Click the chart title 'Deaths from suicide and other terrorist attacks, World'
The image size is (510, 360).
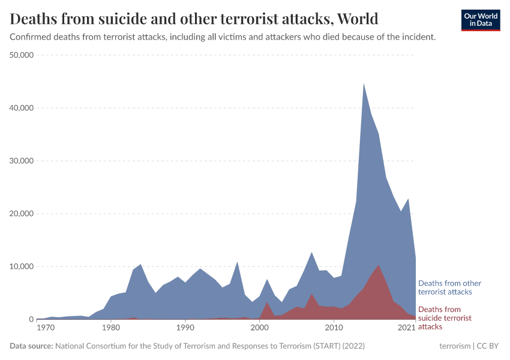(x=194, y=19)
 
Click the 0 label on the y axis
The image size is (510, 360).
(x=30, y=319)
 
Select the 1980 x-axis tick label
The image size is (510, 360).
(x=110, y=328)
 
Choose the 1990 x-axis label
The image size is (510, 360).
(x=185, y=328)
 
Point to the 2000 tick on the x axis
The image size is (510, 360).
(x=259, y=328)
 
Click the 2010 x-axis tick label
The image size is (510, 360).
(x=334, y=328)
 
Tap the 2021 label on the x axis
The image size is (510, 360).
(x=407, y=328)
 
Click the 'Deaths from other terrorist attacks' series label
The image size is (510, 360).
(x=449, y=287)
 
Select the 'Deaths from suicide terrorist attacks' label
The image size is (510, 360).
(x=445, y=318)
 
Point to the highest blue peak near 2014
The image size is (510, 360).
(x=364, y=84)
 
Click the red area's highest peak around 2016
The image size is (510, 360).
(x=378, y=265)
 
